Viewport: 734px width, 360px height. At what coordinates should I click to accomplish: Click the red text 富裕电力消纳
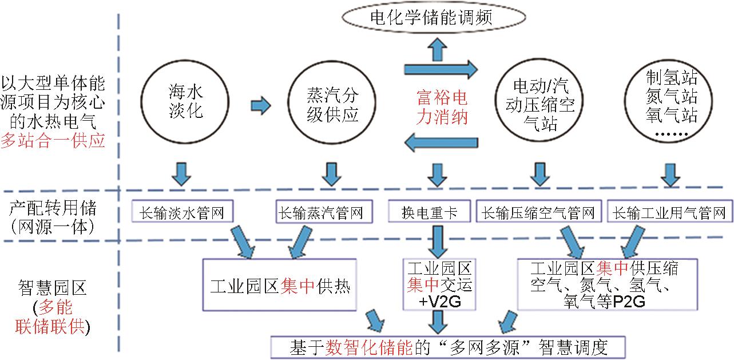tap(441, 106)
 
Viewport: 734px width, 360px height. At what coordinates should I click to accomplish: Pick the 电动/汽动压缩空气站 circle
tap(539, 105)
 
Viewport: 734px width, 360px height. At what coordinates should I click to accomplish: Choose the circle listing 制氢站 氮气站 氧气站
tap(671, 105)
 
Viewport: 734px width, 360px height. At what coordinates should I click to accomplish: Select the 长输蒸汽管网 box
tap(320, 213)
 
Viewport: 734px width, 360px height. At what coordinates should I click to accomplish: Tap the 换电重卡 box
tap(430, 213)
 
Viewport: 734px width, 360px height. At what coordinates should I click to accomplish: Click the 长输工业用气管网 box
tap(669, 213)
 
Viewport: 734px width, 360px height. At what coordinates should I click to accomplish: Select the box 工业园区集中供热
tap(280, 285)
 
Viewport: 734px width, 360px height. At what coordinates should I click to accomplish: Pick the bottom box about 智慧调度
tap(448, 346)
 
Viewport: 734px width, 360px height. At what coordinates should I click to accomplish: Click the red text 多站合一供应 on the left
tap(53, 141)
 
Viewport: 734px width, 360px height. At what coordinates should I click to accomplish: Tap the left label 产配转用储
tap(53, 208)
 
